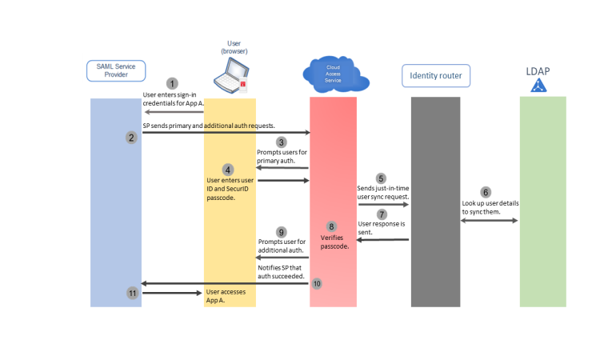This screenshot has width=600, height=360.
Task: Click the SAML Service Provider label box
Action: [116, 70]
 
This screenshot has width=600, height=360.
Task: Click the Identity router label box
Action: [436, 76]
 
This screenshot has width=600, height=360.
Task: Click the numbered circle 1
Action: [171, 83]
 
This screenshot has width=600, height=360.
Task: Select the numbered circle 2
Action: [131, 138]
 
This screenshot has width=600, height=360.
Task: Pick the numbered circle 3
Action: [281, 142]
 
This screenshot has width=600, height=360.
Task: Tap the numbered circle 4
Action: [228, 170]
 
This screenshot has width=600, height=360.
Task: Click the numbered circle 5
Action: [381, 178]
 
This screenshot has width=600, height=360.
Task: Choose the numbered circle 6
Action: [485, 192]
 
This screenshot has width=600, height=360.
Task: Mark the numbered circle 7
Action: [381, 214]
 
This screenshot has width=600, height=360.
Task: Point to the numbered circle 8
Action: [332, 226]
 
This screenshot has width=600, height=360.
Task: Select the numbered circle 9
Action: [281, 232]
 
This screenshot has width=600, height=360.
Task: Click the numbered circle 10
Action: [317, 283]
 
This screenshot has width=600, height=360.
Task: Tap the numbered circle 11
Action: [132, 294]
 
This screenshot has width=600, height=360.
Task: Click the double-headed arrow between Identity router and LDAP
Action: [490, 220]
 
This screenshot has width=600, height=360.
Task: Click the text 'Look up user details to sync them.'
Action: [490, 208]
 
